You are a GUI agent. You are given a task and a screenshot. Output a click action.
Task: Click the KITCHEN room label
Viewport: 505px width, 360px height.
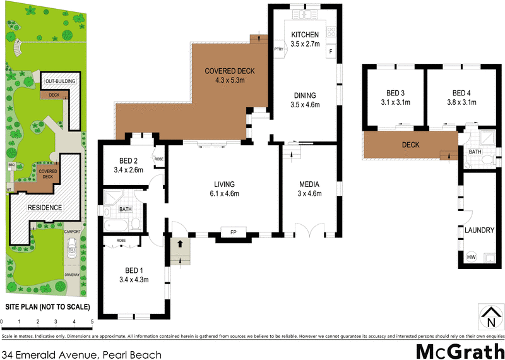click(x=306, y=35)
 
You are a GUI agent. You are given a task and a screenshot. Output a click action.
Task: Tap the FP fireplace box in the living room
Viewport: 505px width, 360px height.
click(x=233, y=232)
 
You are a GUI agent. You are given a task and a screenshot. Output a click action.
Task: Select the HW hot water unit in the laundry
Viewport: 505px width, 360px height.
click(x=471, y=257)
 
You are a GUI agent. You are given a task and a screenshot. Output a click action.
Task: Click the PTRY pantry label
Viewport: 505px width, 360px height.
click(x=278, y=49)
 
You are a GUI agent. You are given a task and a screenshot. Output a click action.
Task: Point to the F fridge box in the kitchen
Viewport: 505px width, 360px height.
click(x=330, y=51)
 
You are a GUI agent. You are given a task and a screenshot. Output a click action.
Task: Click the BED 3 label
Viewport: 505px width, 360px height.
click(x=395, y=92)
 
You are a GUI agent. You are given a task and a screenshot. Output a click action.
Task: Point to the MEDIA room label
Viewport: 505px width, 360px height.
click(x=309, y=184)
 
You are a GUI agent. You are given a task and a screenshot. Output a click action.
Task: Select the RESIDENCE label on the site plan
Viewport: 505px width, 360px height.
click(x=44, y=207)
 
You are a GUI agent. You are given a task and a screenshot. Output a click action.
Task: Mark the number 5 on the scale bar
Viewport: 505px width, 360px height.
click(x=92, y=322)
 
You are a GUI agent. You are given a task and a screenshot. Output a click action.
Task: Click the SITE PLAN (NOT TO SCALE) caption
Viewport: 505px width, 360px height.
click(x=47, y=307)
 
